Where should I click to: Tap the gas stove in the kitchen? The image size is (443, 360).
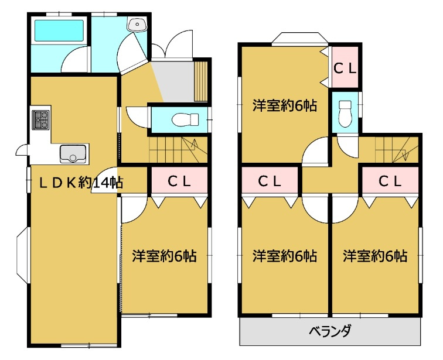pos(41,120)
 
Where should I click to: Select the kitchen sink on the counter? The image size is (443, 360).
pos(73,153)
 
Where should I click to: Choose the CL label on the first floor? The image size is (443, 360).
pos(179,181)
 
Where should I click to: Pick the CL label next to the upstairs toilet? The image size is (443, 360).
pos(345,68)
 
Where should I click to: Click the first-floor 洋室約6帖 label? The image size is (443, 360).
pos(164,256)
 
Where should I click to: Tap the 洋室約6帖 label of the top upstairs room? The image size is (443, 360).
pos(285,106)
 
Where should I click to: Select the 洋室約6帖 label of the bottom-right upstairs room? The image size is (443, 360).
pos(376,256)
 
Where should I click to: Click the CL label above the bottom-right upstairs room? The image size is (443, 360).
pos(390,181)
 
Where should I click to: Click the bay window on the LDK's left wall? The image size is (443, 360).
pos(20,255)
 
